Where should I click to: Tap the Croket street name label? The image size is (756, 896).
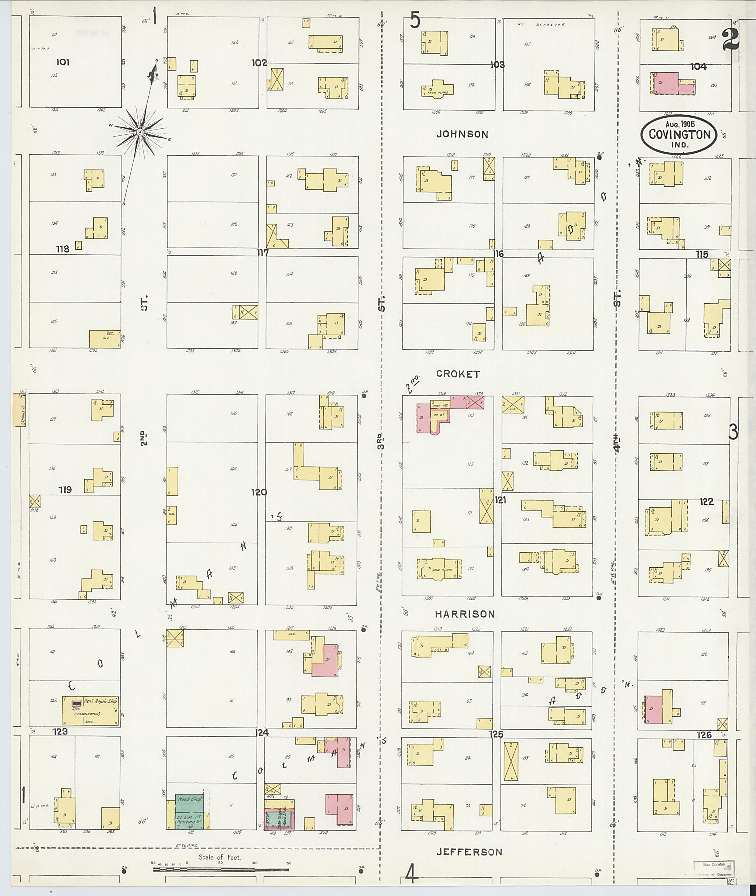coord(458,374)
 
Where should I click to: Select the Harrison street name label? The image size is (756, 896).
coord(465,614)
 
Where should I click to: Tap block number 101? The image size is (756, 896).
coord(63,62)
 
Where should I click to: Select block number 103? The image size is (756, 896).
coord(497,65)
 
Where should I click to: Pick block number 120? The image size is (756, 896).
coord(259,492)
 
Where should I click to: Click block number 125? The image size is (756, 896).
coord(496,734)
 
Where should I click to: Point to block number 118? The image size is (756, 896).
coord(63,249)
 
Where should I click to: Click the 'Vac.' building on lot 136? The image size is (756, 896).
coord(105,338)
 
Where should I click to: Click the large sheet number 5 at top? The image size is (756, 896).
coord(415,20)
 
